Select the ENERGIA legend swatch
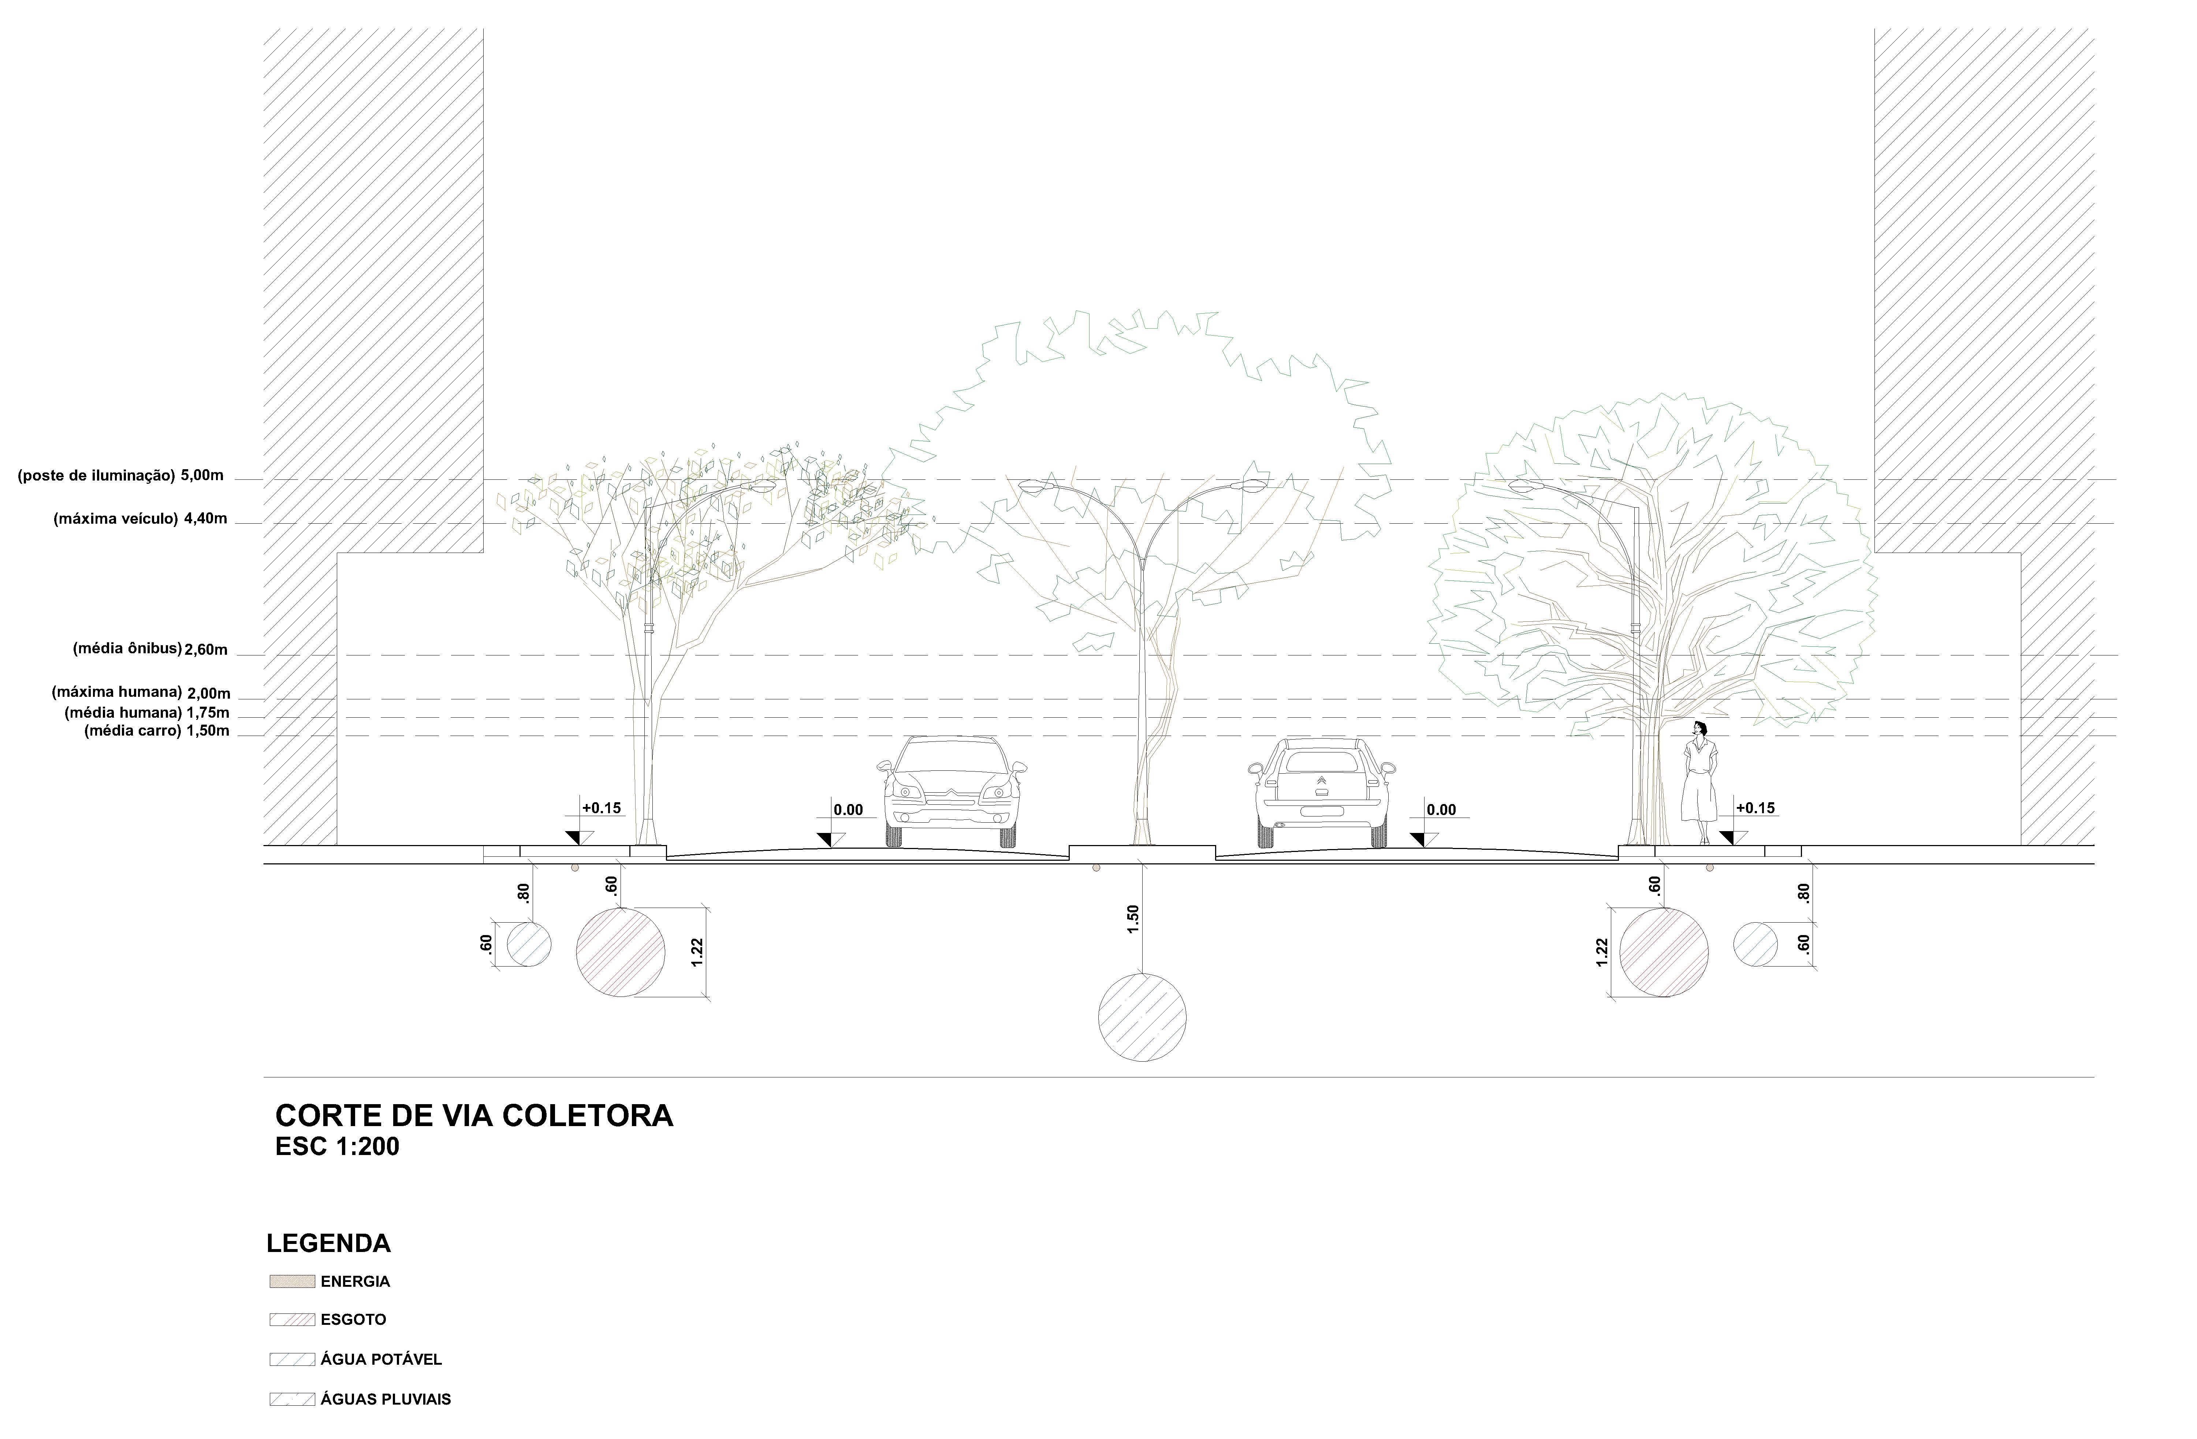pyautogui.click(x=292, y=1281)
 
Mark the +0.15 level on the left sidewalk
pyautogui.click(x=601, y=808)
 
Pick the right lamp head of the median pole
pyautogui.click(x=1253, y=486)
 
